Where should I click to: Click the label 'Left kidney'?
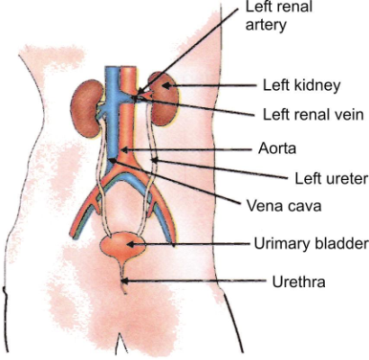coord(301,86)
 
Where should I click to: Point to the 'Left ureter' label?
coord(327,175)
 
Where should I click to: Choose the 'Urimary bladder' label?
coord(311,243)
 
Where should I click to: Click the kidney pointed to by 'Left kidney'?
coord(163,87)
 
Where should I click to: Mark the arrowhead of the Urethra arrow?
coord(124,282)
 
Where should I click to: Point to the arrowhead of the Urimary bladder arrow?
coord(133,243)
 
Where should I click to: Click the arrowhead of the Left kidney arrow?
coord(166,86)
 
